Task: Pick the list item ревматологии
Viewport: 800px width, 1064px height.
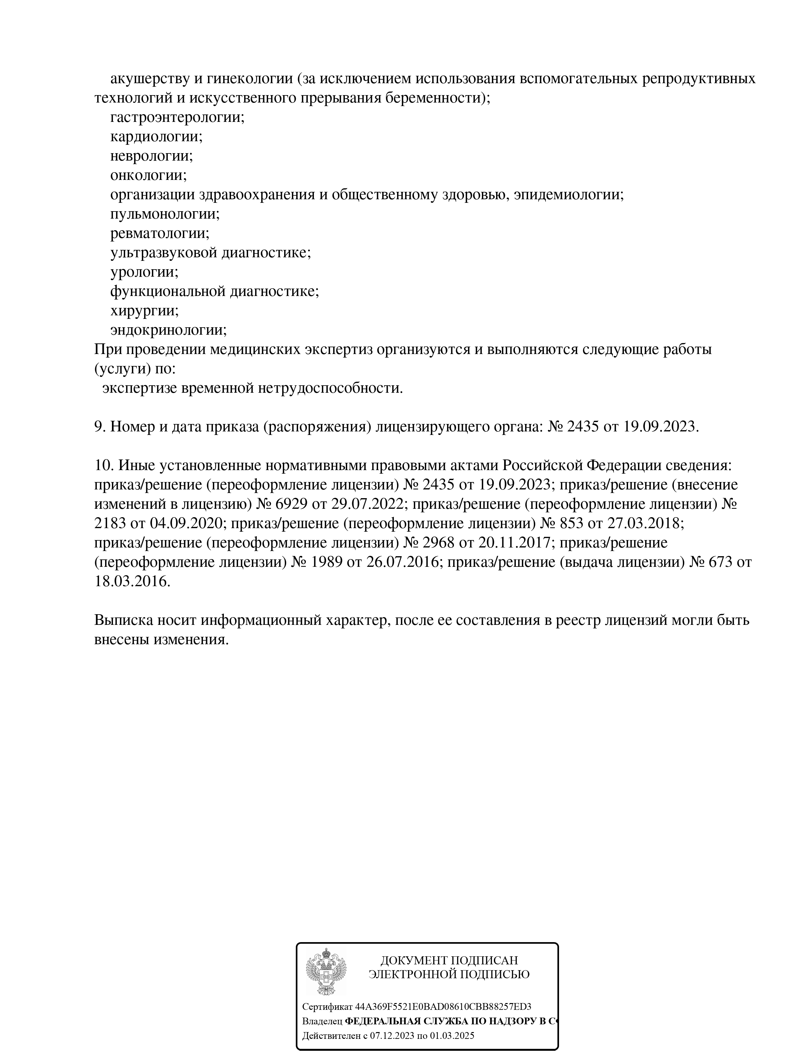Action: (x=160, y=234)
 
